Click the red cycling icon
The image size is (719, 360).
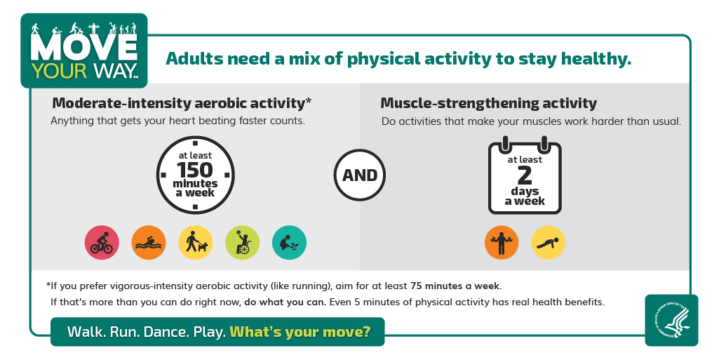102,243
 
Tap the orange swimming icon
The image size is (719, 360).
149,243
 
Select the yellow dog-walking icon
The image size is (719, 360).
195,243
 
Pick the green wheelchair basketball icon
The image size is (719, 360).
242,243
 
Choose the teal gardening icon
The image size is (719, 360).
289,243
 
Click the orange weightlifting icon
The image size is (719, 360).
502,243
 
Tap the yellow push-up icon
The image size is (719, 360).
549,243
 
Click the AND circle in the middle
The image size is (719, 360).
360,175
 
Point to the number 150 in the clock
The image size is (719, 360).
195,170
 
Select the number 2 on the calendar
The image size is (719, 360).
525,175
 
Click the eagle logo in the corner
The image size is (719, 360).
672,320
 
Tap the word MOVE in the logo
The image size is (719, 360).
84,47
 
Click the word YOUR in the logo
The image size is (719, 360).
59,71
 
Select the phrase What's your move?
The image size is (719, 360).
300,331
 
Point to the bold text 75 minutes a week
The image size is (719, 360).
455,286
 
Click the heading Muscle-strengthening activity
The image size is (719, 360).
489,103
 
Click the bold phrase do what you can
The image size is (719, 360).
285,302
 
